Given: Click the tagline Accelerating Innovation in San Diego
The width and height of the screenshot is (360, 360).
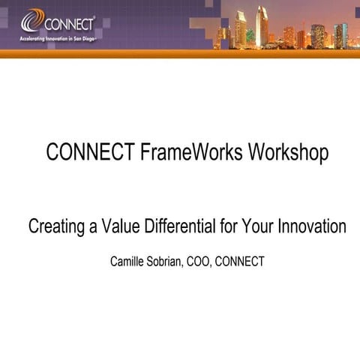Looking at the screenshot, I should point(61,37).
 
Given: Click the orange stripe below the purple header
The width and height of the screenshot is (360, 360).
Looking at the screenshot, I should point(180,53).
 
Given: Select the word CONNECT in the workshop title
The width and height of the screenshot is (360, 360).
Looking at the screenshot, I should point(90,152).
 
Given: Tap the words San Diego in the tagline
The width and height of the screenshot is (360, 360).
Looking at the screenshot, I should point(90,37).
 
